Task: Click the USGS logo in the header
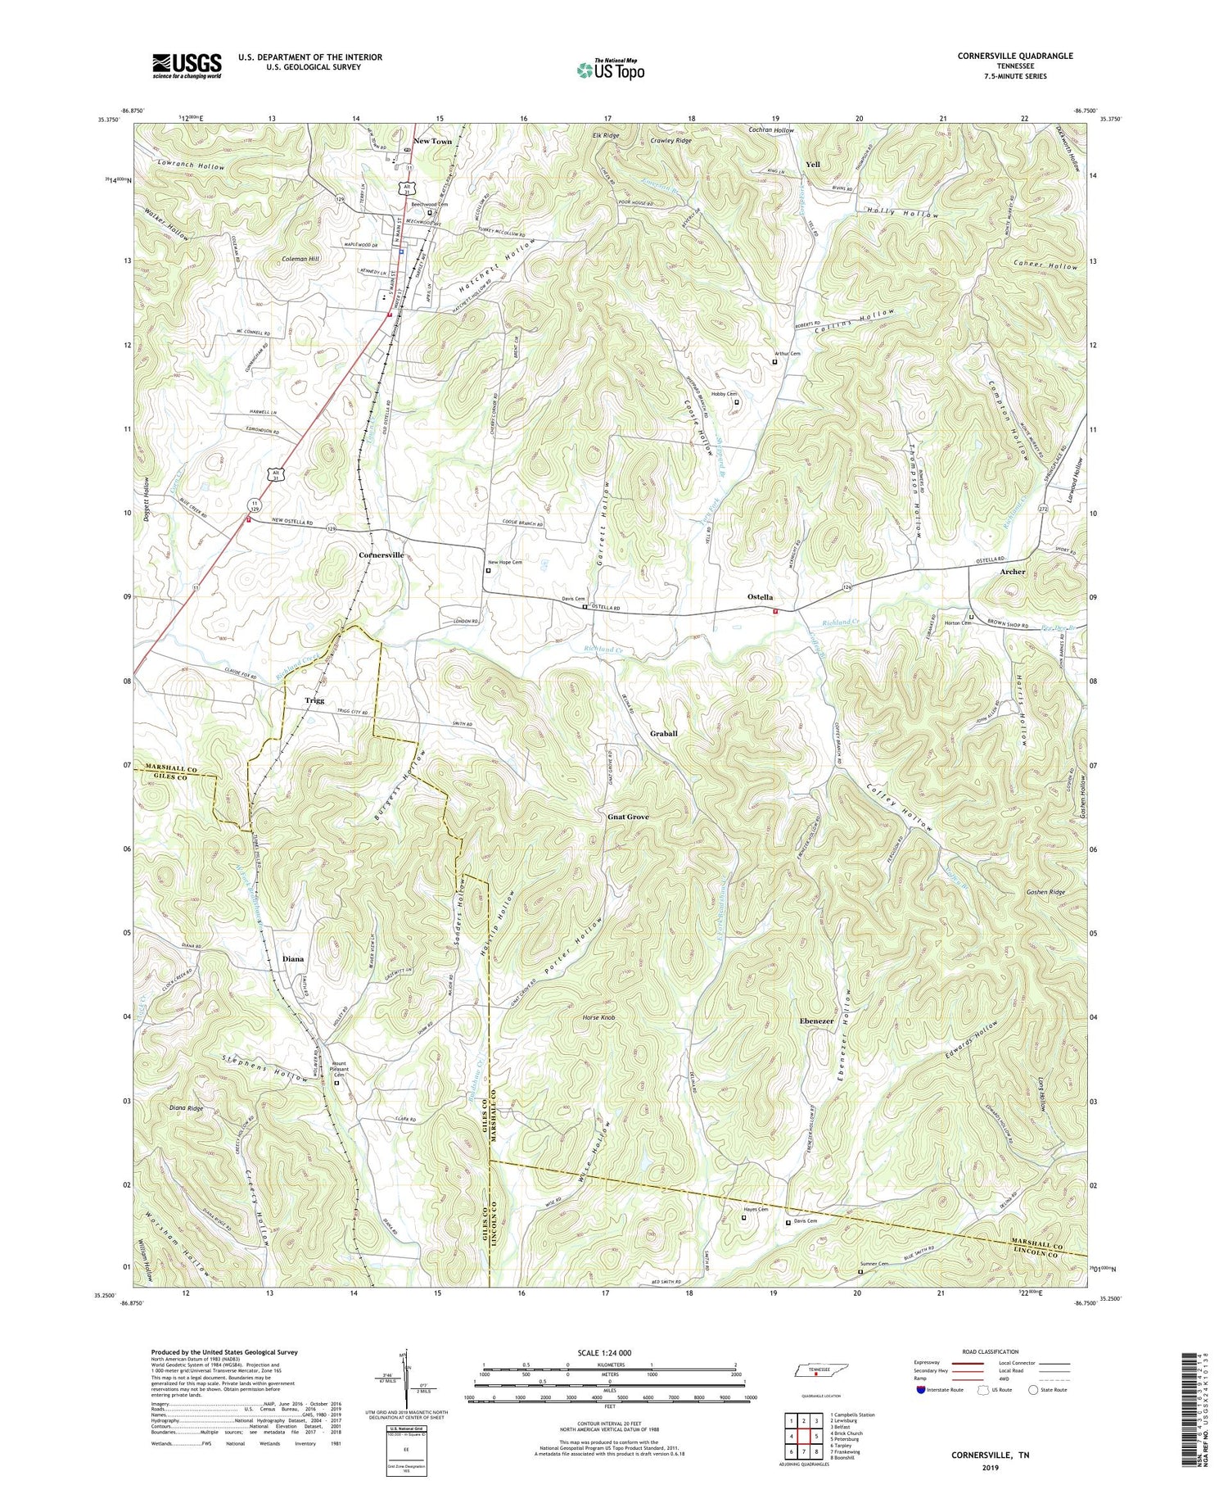pyautogui.click(x=187, y=65)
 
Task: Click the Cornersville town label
pyautogui.click(x=381, y=555)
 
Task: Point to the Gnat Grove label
pyautogui.click(x=628, y=817)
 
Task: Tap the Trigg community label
pyautogui.click(x=314, y=700)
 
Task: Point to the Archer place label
pyautogui.click(x=1012, y=571)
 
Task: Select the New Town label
pyautogui.click(x=432, y=141)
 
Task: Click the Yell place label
pyautogui.click(x=812, y=164)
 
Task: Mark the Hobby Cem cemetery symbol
pyautogui.click(x=736, y=402)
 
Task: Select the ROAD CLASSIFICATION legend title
pyautogui.click(x=990, y=1351)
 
